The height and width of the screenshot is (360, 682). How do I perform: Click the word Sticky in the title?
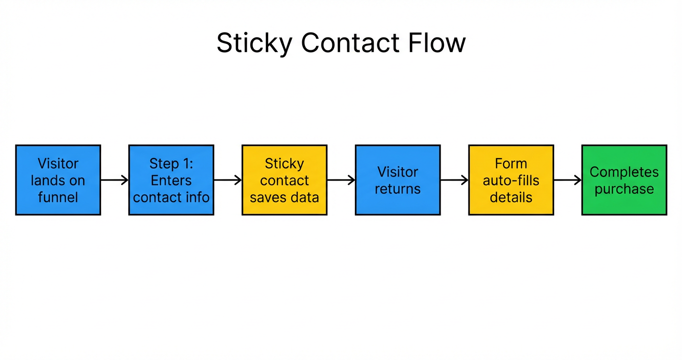tap(254, 43)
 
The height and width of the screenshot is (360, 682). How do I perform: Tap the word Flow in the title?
tap(436, 43)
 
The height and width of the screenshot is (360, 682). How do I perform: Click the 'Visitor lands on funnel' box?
tap(58, 180)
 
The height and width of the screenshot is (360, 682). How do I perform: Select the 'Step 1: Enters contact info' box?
tap(171, 180)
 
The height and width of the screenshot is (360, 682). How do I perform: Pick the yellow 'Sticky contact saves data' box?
tap(284, 180)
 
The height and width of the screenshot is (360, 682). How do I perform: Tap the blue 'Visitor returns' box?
tap(398, 180)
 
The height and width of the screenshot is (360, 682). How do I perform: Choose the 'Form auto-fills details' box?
tap(511, 180)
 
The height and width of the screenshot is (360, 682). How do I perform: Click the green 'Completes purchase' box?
tap(624, 180)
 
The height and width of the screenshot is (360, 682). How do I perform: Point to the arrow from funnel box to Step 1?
tap(114, 180)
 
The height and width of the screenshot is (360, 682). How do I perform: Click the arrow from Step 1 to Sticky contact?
tap(227, 180)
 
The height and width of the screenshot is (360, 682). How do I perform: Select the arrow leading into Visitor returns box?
tap(341, 180)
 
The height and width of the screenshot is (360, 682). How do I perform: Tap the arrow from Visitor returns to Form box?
tap(454, 180)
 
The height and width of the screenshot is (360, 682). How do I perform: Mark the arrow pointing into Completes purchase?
tap(568, 180)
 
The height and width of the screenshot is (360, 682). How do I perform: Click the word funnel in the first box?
tap(58, 197)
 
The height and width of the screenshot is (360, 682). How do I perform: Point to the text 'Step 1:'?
tap(171, 164)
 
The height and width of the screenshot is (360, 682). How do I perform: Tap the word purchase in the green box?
tap(624, 189)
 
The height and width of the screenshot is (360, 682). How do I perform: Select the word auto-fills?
tap(511, 180)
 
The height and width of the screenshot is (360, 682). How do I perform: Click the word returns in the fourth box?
tap(398, 189)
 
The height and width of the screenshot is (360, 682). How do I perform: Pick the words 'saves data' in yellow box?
tap(284, 197)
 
